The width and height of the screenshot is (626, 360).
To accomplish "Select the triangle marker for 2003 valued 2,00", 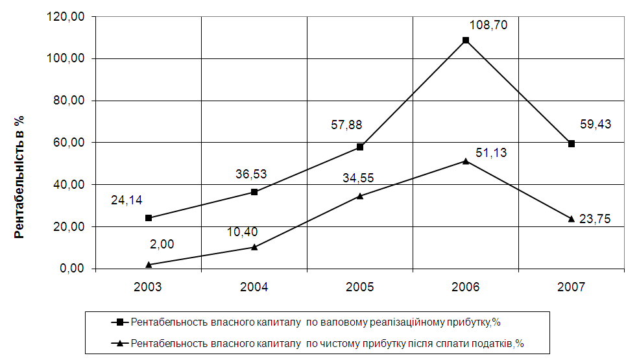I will [149, 265].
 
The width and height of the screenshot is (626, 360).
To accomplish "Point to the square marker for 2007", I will [572, 143].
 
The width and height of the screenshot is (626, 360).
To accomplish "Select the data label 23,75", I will [595, 219].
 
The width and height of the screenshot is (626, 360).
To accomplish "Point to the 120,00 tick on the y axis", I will [67, 17].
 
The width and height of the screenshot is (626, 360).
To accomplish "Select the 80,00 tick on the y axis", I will [69, 101].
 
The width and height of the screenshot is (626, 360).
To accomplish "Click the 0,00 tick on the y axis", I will [72, 269].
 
